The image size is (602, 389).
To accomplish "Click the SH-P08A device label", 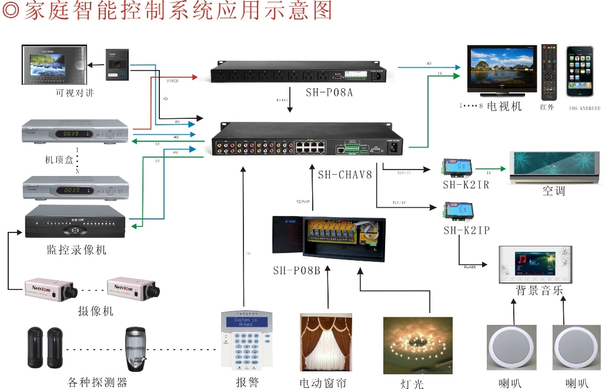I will [329, 92].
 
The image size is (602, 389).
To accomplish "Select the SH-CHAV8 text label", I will [345, 174].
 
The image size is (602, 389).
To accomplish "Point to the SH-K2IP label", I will [467, 230].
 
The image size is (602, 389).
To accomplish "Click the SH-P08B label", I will [296, 271].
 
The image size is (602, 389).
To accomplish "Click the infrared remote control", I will [549, 71].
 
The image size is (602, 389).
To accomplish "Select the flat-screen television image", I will [501, 69].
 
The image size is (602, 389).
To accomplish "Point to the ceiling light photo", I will [417, 345].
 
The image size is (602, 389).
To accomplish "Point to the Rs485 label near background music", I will [470, 267].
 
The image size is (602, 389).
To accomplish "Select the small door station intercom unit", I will [117, 65].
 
